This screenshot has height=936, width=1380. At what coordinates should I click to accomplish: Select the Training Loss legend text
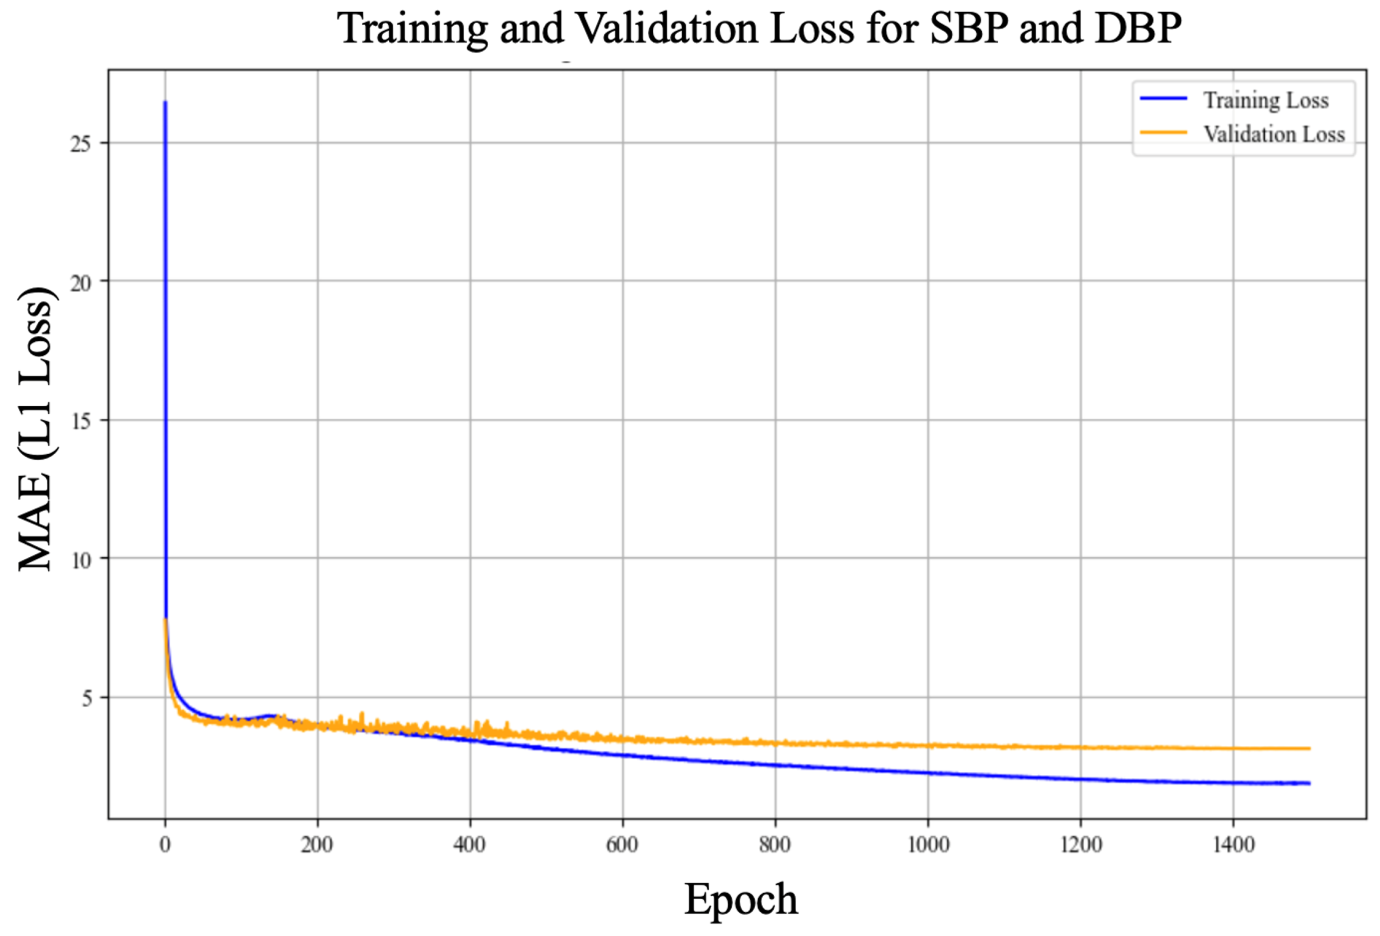1265,100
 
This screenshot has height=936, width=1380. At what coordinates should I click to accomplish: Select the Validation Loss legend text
1274,134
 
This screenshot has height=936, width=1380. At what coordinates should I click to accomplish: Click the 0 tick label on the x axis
165,844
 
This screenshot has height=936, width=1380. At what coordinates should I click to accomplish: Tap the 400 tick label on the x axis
469,844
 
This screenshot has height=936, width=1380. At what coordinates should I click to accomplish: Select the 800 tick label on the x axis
775,844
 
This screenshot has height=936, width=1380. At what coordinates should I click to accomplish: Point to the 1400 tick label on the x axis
1233,844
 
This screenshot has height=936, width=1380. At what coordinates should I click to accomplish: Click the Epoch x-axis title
741,899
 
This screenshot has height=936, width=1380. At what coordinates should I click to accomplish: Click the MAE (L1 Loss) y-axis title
35,429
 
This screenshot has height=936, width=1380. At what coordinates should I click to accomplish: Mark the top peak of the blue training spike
165,102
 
